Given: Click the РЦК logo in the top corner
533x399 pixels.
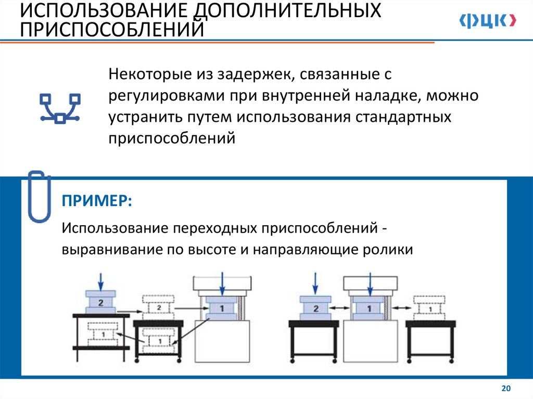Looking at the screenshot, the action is [x=488, y=21].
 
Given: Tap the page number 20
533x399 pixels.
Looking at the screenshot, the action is [x=505, y=389].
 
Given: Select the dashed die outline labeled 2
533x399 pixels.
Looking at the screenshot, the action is [x=159, y=307].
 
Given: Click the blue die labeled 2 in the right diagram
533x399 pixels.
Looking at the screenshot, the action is [x=315, y=308].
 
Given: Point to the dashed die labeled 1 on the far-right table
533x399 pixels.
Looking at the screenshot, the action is [x=429, y=309].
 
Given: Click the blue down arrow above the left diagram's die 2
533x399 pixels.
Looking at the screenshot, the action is [x=101, y=281].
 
